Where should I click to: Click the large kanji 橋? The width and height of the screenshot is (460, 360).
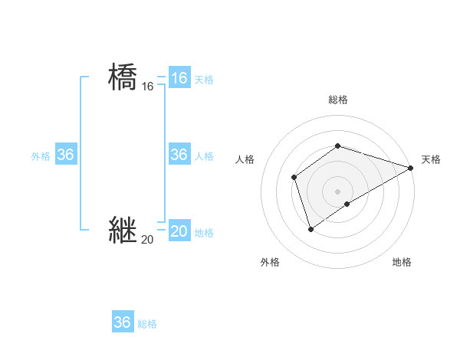coord(123,77)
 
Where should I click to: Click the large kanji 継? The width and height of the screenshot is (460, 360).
coord(123,230)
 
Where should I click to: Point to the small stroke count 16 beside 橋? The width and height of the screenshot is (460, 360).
coord(147,87)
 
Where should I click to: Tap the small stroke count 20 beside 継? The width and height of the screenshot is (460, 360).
coord(147,240)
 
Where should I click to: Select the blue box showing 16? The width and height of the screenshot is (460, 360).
coord(179,78)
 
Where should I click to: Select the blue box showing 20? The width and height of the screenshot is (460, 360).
coord(179,231)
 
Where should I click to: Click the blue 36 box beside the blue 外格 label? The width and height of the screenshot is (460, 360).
coord(65,155)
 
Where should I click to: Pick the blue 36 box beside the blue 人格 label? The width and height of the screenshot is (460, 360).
coord(179,155)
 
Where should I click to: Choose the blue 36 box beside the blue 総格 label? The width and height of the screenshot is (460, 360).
coord(122,322)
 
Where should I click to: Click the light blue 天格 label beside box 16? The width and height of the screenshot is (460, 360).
coord(204,79)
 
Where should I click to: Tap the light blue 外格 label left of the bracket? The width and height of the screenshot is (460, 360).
coord(41,155)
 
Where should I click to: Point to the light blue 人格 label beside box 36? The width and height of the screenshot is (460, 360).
coord(204,155)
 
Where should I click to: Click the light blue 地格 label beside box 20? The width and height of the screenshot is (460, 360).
coord(204,232)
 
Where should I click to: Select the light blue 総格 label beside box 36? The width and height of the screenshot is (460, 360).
coord(147,323)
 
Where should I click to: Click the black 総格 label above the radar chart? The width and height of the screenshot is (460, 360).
coord(337,100)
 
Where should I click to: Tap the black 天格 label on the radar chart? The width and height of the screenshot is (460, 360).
coord(431,159)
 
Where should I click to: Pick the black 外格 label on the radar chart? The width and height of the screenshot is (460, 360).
coord(270,262)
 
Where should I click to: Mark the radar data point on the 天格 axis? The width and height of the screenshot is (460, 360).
coord(410,168)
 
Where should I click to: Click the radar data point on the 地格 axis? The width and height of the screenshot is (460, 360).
coord(347,204)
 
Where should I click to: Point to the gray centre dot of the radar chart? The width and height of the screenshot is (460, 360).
coord(337,191)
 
